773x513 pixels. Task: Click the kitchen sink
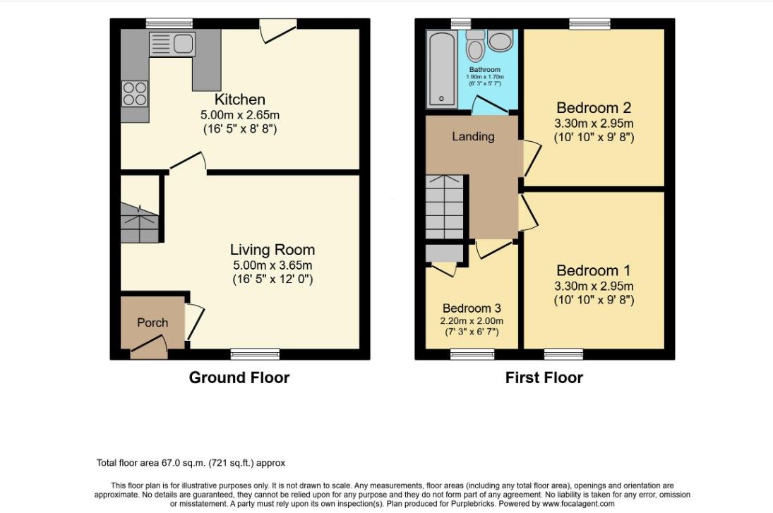pyautogui.click(x=172, y=44)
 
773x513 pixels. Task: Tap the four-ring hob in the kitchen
pyautogui.click(x=135, y=94)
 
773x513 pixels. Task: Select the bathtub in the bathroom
pyautogui.click(x=442, y=69)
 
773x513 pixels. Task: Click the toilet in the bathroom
pyautogui.click(x=476, y=45)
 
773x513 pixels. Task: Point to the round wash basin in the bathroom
pyautogui.click(x=501, y=40)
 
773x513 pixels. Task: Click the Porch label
pyautogui.click(x=152, y=322)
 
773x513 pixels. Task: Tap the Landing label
pyautogui.click(x=473, y=136)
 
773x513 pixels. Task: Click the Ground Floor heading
pyautogui.click(x=239, y=378)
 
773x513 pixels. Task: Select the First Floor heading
pyautogui.click(x=544, y=378)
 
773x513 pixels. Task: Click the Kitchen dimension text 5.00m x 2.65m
pyautogui.click(x=239, y=115)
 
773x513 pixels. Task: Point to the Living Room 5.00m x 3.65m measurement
pyautogui.click(x=272, y=265)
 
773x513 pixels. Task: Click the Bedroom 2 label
pyautogui.click(x=594, y=107)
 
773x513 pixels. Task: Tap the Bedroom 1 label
pyautogui.click(x=594, y=270)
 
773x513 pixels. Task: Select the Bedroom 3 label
pyautogui.click(x=472, y=308)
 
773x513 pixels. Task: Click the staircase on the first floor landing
pyautogui.click(x=445, y=207)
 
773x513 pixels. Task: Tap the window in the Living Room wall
pyautogui.click(x=256, y=354)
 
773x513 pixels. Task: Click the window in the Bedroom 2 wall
pyautogui.click(x=589, y=23)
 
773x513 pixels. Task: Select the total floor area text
pyautogui.click(x=191, y=463)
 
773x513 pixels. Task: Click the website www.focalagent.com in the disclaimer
pyautogui.click(x=578, y=504)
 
